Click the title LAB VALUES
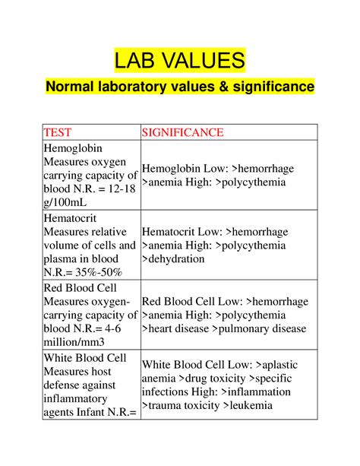pyautogui.click(x=179, y=60)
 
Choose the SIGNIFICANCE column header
pyautogui.click(x=182, y=132)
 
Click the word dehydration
pyautogui.click(x=176, y=258)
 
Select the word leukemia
pyautogui.click(x=247, y=405)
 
